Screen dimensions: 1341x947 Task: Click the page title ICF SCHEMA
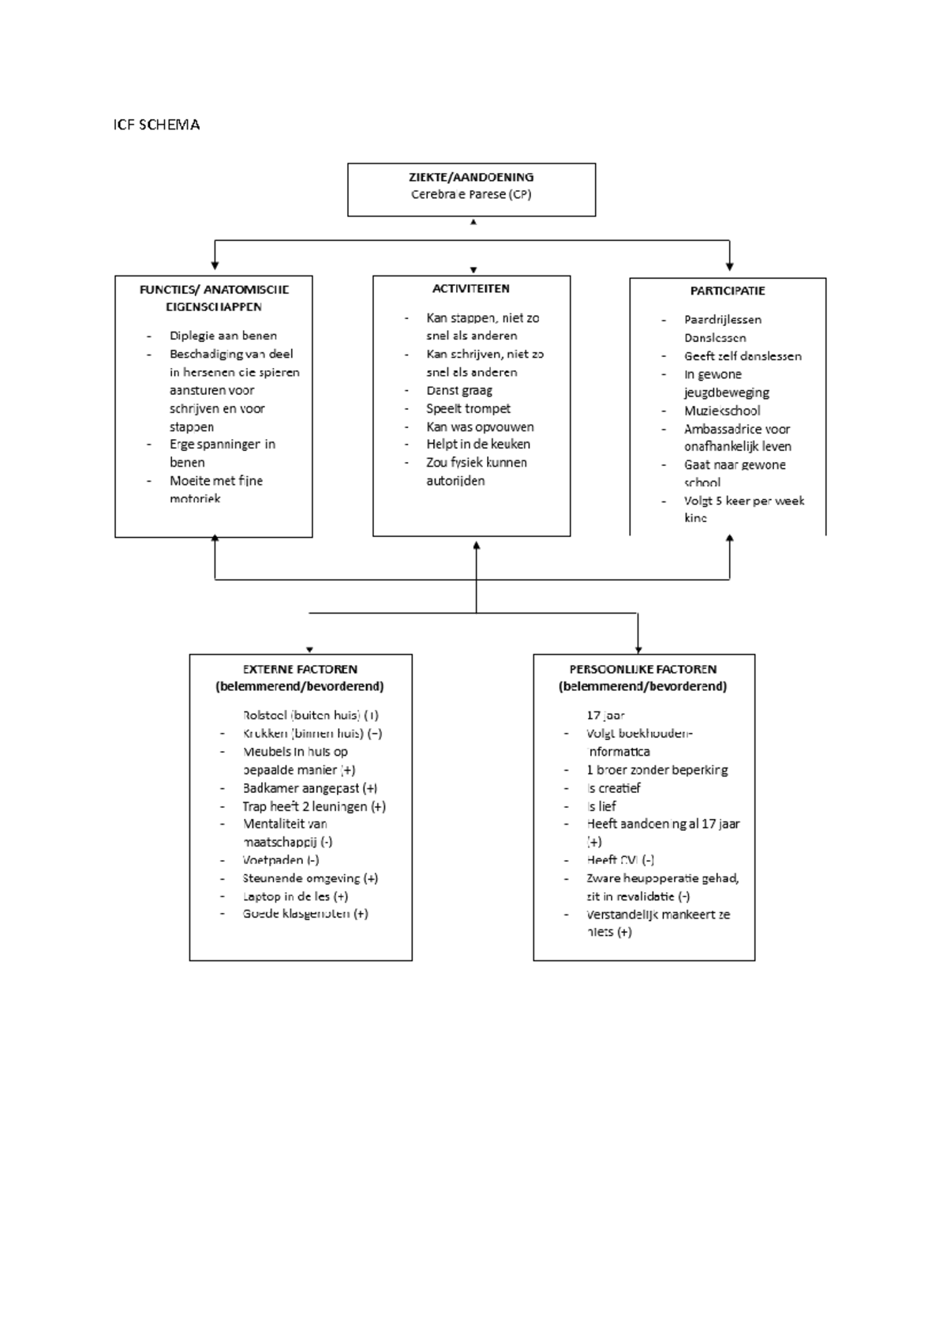tap(156, 125)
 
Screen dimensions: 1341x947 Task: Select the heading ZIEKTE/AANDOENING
tap(471, 177)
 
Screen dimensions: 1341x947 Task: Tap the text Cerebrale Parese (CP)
tap(471, 194)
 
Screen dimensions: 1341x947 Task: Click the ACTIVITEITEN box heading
tap(471, 288)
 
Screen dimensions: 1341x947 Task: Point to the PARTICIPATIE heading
tap(728, 291)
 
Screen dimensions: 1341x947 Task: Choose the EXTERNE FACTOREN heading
tap(300, 669)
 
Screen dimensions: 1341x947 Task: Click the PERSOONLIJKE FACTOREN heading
tap(643, 669)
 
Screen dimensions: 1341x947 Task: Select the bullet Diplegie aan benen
tap(223, 336)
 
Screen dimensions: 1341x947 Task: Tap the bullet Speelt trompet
tap(468, 408)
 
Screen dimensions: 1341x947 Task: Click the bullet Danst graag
tap(459, 390)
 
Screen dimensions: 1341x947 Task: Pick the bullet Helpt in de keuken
tap(478, 444)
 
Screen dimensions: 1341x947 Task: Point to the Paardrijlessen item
tap(722, 320)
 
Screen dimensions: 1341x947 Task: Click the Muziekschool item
tap(722, 411)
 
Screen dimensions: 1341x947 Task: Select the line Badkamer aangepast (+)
tap(309, 788)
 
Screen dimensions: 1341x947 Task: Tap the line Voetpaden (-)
tap(281, 860)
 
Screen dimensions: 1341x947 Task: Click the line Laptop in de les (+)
tap(295, 896)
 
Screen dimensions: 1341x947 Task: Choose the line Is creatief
tap(613, 788)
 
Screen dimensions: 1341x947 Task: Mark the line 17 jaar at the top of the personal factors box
tap(605, 716)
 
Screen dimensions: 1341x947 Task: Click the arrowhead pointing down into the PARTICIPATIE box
tap(729, 267)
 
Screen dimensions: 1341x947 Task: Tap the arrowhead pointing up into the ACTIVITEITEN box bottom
tap(477, 545)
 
